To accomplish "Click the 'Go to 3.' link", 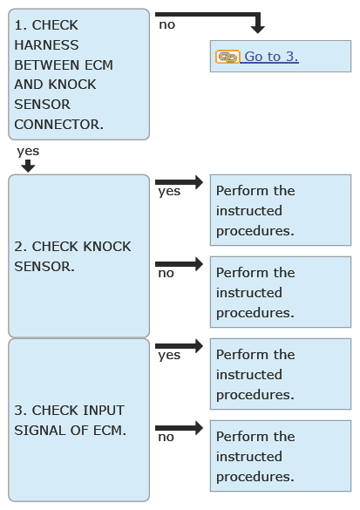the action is pyautogui.click(x=271, y=57).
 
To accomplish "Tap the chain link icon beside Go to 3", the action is pyautogui.click(x=228, y=57).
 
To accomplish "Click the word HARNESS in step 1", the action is pyautogui.click(x=46, y=44).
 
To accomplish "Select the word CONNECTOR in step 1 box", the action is pyautogui.click(x=59, y=125).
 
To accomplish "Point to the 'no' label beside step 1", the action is pyautogui.click(x=167, y=24).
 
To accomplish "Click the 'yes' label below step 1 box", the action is pyautogui.click(x=28, y=152).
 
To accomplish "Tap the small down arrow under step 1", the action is pyautogui.click(x=28, y=166).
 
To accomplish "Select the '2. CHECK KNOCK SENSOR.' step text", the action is pyautogui.click(x=72, y=256).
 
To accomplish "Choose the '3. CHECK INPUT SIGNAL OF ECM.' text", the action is pyautogui.click(x=71, y=420).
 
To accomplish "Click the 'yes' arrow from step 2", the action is pyautogui.click(x=180, y=182).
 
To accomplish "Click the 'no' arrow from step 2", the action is pyautogui.click(x=180, y=264).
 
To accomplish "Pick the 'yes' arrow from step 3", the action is pyautogui.click(x=180, y=346).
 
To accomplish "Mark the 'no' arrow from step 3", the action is pyautogui.click(x=180, y=428).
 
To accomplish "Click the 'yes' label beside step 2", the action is pyautogui.click(x=169, y=192).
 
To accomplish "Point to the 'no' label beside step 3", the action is pyautogui.click(x=166, y=437).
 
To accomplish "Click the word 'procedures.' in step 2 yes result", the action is pyautogui.click(x=255, y=231).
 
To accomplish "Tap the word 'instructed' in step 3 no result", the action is pyautogui.click(x=249, y=456).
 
